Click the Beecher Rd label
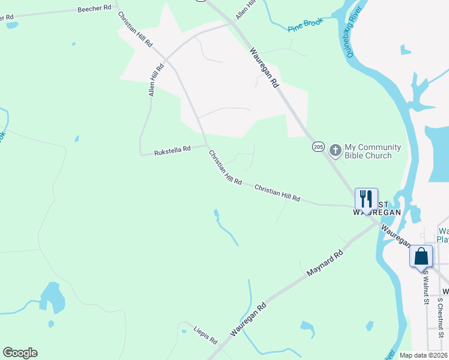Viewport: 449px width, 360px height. point(95,10)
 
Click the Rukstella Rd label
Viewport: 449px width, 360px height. point(172,149)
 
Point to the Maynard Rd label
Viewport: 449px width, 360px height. point(324,263)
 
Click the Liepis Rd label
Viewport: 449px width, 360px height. point(205,335)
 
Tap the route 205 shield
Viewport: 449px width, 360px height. point(318,146)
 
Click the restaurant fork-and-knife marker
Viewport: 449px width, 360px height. point(366,199)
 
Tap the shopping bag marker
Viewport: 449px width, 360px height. point(421,256)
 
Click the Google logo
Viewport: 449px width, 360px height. point(20,352)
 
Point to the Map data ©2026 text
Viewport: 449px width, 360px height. point(423,355)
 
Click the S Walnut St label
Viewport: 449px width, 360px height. point(425,288)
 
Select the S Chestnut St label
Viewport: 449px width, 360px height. point(440,312)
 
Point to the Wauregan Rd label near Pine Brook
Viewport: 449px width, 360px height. point(265,68)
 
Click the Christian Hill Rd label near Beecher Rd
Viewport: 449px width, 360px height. point(135,29)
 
